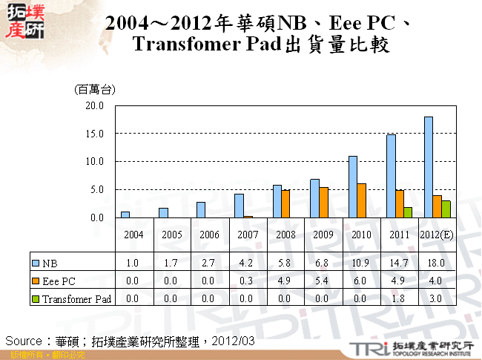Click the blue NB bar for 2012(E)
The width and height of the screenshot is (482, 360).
point(428,167)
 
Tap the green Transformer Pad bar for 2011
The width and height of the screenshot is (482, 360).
point(407,212)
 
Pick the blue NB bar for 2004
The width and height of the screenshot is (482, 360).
point(125,215)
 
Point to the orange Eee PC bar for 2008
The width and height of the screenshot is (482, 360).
point(285,203)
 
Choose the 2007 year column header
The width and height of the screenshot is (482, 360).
point(248,235)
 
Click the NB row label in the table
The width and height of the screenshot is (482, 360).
point(50,263)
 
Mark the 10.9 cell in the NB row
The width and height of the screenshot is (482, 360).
point(361,263)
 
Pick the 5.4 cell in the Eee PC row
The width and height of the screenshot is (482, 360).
point(323,281)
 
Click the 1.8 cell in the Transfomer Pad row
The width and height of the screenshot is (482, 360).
point(399,298)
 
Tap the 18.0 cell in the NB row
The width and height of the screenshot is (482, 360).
point(438,263)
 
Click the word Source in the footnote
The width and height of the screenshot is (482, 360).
point(23,340)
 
